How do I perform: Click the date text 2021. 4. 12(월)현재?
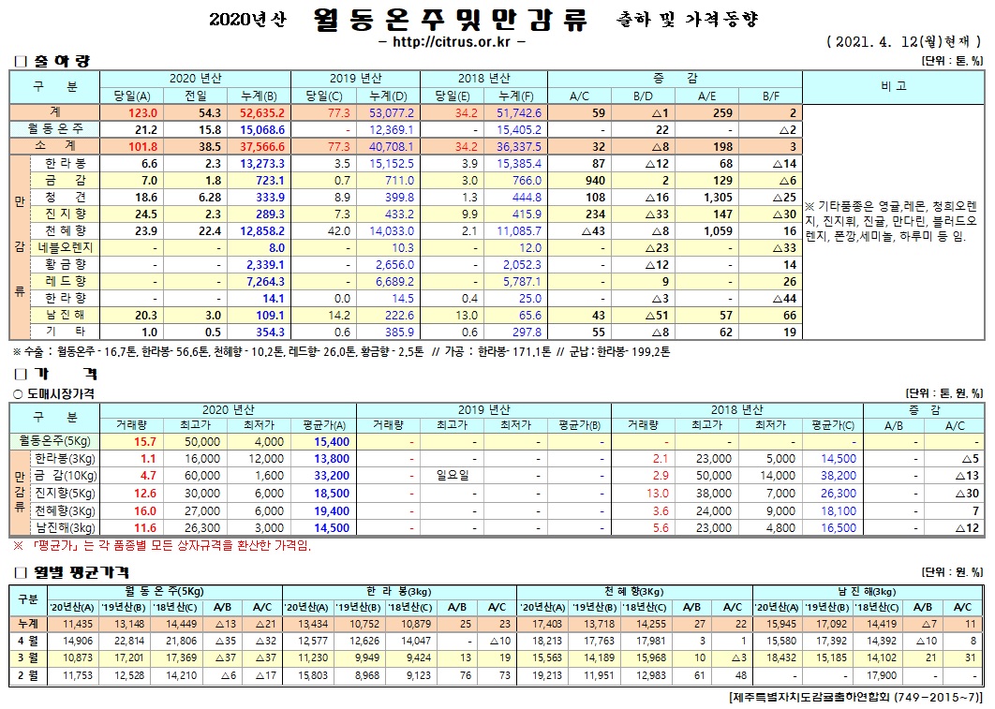pyautogui.click(x=904, y=42)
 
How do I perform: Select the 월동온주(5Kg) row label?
pyautogui.click(x=54, y=441)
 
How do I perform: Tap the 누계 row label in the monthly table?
pyautogui.click(x=27, y=624)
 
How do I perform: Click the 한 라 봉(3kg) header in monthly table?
pyautogui.click(x=399, y=591)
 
